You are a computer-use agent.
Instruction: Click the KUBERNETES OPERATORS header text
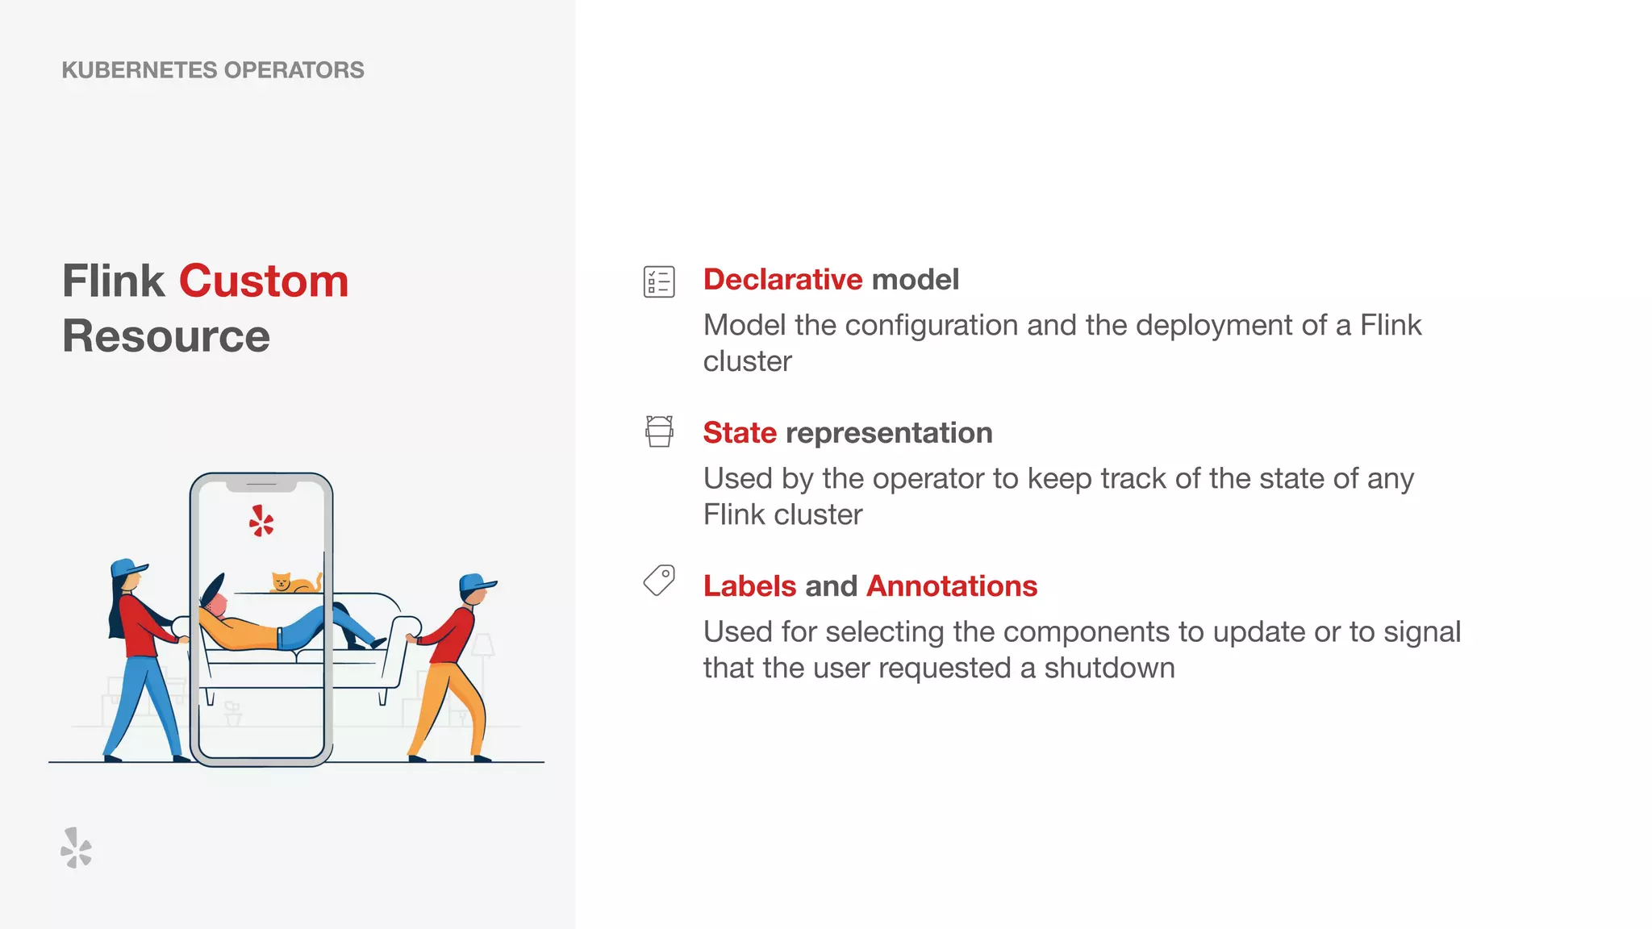(213, 70)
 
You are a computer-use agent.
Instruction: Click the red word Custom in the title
(264, 281)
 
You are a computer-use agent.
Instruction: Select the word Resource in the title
(166, 336)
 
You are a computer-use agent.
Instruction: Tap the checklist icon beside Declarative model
(659, 281)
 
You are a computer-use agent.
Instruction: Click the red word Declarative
(782, 280)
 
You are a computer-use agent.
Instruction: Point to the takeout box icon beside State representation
(659, 431)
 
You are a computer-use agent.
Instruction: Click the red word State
(739, 433)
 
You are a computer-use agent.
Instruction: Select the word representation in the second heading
(889, 433)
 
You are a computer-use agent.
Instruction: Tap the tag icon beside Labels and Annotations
(659, 580)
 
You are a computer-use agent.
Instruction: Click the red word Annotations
(952, 586)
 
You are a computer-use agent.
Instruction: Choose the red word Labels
(749, 586)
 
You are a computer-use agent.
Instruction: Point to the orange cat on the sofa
(292, 582)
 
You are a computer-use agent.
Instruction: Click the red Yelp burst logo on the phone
(261, 522)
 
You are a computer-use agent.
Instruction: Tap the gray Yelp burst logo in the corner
(77, 848)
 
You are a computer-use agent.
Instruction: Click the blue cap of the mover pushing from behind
(476, 582)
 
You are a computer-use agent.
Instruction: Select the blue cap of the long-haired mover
(127, 568)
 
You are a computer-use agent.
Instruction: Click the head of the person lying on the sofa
(214, 601)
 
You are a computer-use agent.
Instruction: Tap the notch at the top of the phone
(261, 485)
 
